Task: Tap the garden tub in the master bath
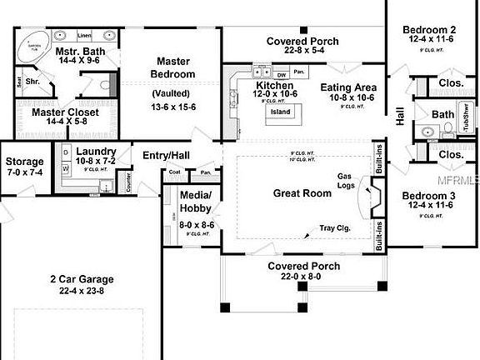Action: click(x=32, y=42)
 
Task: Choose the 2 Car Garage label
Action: click(x=81, y=279)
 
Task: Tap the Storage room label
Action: click(x=25, y=161)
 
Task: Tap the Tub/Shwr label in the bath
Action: click(x=467, y=123)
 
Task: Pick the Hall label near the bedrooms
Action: click(x=400, y=117)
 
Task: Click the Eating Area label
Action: click(x=348, y=87)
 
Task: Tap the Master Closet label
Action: click(x=65, y=112)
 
